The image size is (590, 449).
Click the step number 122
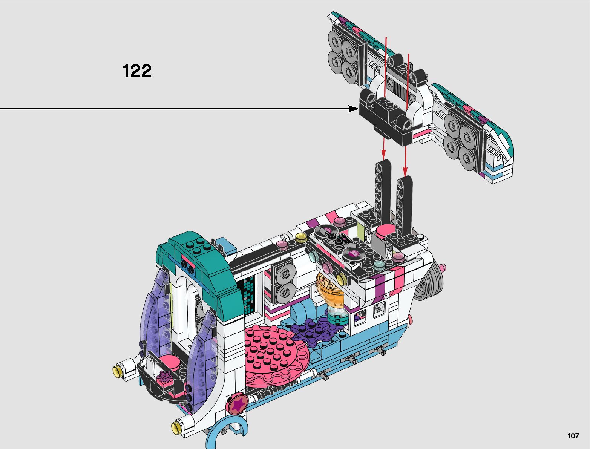click(137, 71)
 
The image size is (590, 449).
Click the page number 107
click(573, 435)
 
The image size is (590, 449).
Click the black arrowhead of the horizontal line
click(353, 109)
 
